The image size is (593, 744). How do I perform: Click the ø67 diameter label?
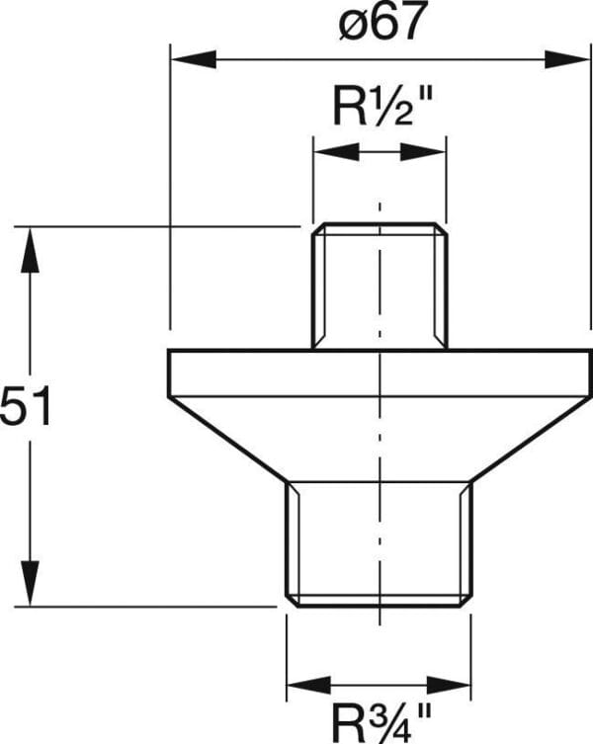tap(381, 21)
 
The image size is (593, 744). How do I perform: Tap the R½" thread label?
tap(382, 108)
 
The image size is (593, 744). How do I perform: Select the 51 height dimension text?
tap(25, 406)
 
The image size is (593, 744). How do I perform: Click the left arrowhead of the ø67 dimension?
tap(194, 60)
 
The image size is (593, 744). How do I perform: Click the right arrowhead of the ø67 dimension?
tap(567, 60)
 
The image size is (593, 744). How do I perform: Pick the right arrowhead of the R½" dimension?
tap(423, 152)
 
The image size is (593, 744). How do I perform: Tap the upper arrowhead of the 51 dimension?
tap(30, 250)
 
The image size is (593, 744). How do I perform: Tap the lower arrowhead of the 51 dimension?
tap(30, 583)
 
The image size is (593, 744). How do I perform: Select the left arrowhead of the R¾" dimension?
tap(309, 685)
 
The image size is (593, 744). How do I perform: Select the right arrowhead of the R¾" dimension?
tap(448, 685)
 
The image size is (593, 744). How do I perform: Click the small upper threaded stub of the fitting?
tap(380, 286)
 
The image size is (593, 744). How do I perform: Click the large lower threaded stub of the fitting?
tap(379, 544)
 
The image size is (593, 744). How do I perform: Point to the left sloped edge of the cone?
tap(227, 440)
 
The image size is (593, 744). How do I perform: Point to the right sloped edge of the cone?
tap(532, 440)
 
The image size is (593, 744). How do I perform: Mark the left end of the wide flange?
tap(169, 372)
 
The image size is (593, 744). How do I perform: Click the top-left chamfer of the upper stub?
tap(318, 228)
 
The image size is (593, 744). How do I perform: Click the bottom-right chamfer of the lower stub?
tap(466, 600)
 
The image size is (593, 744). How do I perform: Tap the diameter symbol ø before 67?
tap(352, 26)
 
